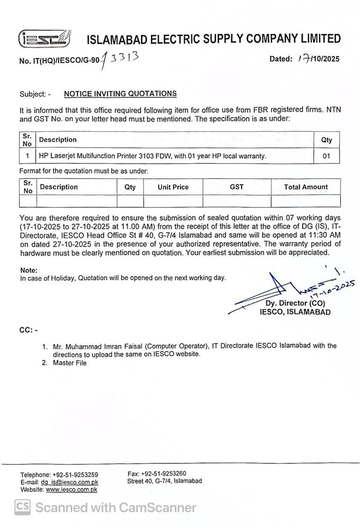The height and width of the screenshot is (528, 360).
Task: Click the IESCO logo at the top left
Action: [45, 39]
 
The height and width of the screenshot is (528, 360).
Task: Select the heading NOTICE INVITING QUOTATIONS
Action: [120, 94]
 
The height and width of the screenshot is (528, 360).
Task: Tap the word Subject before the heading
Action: [33, 94]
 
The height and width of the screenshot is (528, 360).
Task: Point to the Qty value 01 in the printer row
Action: [326, 156]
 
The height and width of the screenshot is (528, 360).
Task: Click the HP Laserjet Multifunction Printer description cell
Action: [153, 156]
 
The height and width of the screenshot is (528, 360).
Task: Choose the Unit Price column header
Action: [173, 187]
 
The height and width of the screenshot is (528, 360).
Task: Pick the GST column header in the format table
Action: [237, 187]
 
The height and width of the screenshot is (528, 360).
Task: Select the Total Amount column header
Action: [306, 187]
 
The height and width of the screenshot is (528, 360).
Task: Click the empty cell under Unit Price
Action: [173, 201]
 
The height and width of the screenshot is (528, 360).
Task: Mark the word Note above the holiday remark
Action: [28, 271]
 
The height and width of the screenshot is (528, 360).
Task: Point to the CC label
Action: [28, 330]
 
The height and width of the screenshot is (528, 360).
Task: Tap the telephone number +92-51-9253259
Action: [75, 475]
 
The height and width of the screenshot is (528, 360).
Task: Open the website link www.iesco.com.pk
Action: [71, 490]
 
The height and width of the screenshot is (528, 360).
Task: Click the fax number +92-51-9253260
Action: [163, 474]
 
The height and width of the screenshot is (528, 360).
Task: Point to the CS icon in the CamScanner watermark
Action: [23, 507]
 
